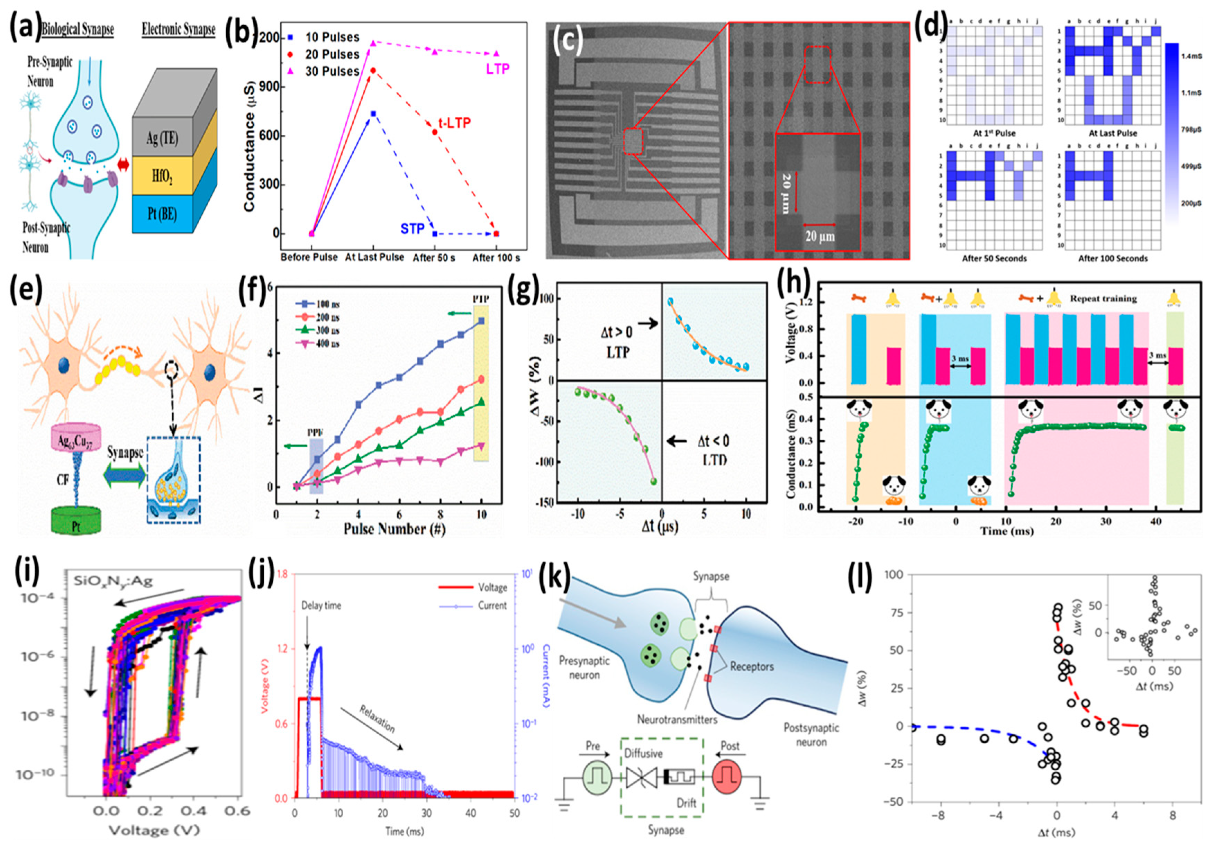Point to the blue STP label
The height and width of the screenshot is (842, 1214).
413,229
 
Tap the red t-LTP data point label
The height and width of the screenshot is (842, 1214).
454,123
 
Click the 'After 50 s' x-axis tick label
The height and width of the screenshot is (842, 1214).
434,258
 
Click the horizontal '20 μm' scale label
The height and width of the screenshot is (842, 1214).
819,236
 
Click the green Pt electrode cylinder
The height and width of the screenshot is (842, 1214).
76,520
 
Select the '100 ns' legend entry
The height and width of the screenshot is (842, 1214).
327,304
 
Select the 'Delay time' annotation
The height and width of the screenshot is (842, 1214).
321,606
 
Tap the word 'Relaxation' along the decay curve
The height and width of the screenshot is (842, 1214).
377,718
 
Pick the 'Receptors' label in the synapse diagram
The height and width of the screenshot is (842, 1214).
752,667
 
